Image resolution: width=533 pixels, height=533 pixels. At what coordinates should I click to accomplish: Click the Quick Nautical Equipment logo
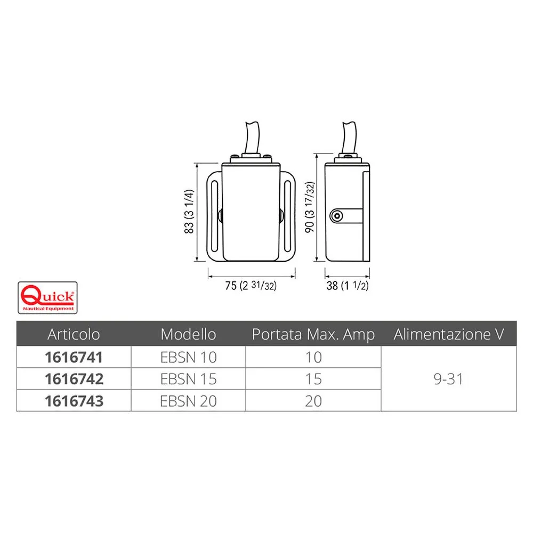(47, 297)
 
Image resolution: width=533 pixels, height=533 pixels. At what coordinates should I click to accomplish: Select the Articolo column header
(74, 334)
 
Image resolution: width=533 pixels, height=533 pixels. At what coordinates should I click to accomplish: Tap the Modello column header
(188, 334)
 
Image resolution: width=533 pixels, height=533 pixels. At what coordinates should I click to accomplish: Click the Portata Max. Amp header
(313, 334)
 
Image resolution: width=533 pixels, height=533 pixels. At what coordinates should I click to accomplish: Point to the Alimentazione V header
(449, 334)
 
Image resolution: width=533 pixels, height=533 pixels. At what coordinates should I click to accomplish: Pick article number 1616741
(74, 357)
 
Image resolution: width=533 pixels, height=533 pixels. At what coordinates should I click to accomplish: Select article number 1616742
(74, 379)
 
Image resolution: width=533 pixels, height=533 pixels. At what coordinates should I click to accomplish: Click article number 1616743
(74, 401)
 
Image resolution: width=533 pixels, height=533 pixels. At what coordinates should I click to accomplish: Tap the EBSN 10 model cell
(188, 357)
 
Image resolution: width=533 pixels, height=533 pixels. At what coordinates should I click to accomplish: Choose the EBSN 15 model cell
(188, 379)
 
